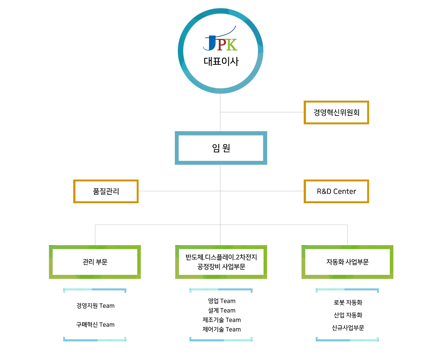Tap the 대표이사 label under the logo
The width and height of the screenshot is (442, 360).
pyautogui.click(x=221, y=61)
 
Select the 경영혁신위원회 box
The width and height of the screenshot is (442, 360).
pyautogui.click(x=336, y=113)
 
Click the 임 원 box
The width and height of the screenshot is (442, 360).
pyautogui.click(x=221, y=148)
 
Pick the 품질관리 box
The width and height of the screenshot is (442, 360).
pyautogui.click(x=106, y=192)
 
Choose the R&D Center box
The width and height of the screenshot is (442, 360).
pyautogui.click(x=336, y=192)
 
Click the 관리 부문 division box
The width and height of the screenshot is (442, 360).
pyautogui.click(x=95, y=262)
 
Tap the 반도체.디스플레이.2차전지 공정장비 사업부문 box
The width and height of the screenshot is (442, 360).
pyautogui.click(x=221, y=262)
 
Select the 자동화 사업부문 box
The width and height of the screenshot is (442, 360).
pyautogui.click(x=347, y=262)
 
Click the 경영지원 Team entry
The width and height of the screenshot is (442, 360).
pyautogui.click(x=95, y=306)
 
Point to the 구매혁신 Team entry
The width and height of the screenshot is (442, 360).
pyautogui.click(x=95, y=325)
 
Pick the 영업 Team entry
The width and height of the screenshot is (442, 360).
pyautogui.click(x=222, y=301)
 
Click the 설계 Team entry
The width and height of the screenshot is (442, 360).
pyautogui.click(x=222, y=310)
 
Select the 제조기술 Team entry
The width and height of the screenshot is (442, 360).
pyautogui.click(x=222, y=320)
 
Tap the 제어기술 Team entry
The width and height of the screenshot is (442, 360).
pyautogui.click(x=222, y=329)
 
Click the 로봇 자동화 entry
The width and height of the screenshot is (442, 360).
pyautogui.click(x=348, y=303)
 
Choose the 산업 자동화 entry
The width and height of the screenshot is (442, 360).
pyautogui.click(x=348, y=315)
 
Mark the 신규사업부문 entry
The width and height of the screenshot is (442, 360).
pyautogui.click(x=348, y=328)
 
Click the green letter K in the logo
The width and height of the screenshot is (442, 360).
pyautogui.click(x=232, y=45)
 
